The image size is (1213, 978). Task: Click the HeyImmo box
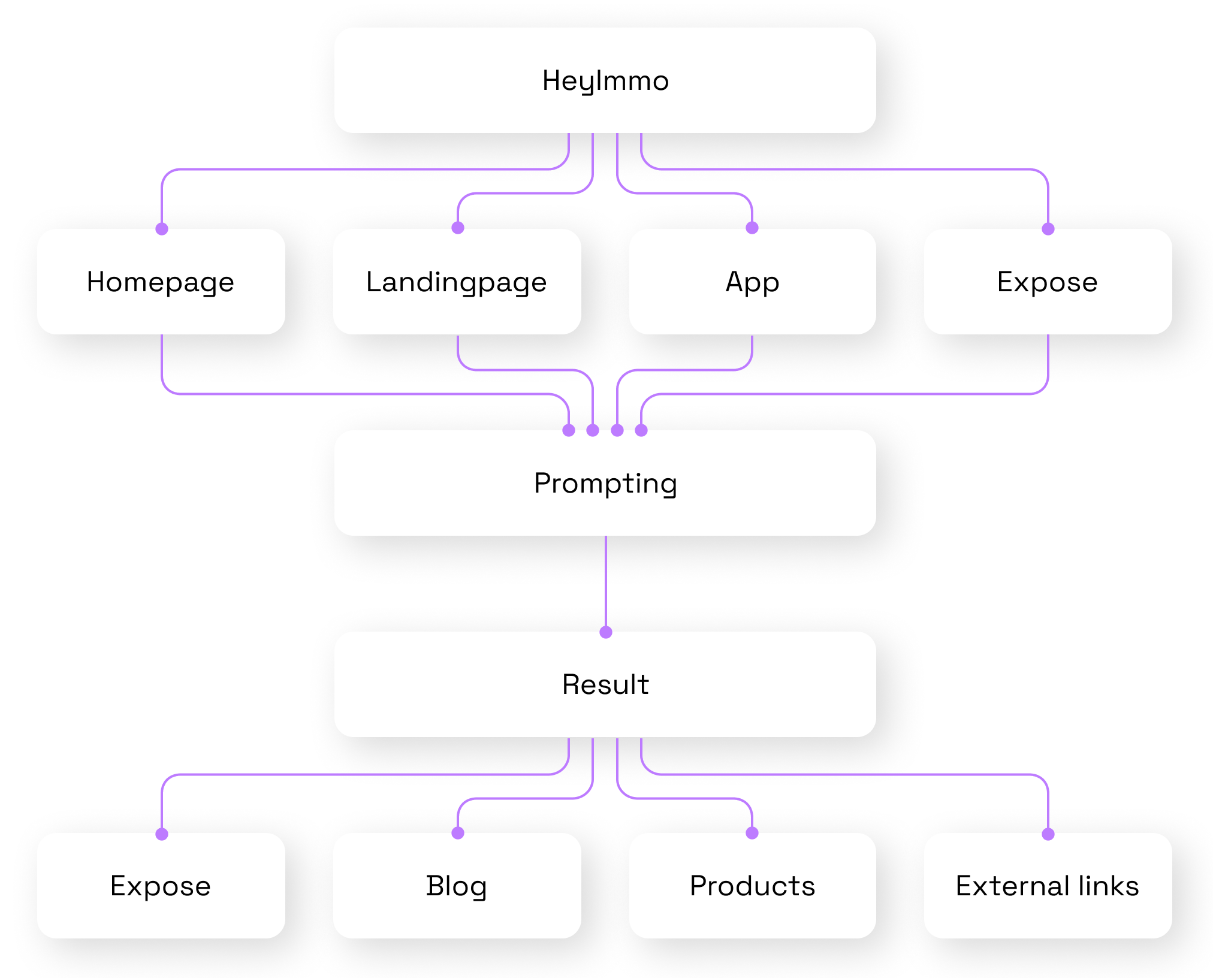pos(605,80)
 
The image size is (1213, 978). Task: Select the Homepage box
pos(161,282)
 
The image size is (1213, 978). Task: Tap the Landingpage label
pos(457,282)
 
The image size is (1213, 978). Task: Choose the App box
pos(752,282)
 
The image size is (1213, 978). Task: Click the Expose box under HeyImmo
pos(1048,282)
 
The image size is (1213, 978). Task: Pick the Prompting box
pos(605,483)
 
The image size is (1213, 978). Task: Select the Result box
pos(605,684)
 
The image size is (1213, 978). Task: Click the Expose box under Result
pos(161,886)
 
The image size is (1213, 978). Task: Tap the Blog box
pos(457,886)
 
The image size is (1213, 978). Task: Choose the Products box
pos(752,886)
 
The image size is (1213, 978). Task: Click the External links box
pos(1048,886)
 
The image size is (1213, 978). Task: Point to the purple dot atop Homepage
pos(162,229)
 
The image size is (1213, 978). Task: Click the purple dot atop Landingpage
pos(458,228)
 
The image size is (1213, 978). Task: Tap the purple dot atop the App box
pos(752,228)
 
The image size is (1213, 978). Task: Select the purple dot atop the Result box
pos(606,632)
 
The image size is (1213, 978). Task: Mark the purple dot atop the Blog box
pos(458,833)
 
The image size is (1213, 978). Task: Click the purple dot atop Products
pos(752,833)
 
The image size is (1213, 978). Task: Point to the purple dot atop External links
pos(1048,834)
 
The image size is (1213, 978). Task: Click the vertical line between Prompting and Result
pos(606,581)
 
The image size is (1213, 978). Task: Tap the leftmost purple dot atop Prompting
pos(569,430)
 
